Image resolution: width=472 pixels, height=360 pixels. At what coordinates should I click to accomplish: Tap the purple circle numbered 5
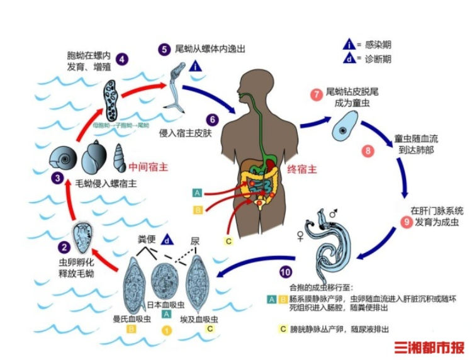164,48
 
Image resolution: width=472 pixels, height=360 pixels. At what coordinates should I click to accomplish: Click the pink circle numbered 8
367,151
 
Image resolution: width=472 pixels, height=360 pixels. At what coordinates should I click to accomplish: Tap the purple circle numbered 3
58,178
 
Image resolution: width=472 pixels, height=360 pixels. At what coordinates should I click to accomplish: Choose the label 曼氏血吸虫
130,319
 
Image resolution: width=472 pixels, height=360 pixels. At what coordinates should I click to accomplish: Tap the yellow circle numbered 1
167,329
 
